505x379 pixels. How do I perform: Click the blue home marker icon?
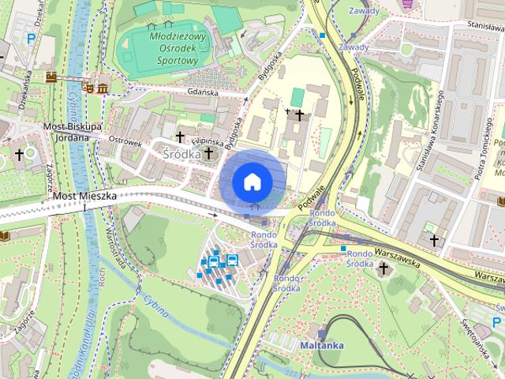(251, 182)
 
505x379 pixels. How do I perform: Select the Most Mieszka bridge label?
(85, 195)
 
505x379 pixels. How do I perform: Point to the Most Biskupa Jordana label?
(73, 131)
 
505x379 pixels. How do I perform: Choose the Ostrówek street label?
(125, 142)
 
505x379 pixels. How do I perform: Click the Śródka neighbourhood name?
(181, 155)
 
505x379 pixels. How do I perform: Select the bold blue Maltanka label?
(321, 345)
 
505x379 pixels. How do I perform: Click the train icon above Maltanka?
(321, 333)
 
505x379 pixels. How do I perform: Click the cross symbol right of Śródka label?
(208, 152)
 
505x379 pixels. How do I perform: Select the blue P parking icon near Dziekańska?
(31, 38)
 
